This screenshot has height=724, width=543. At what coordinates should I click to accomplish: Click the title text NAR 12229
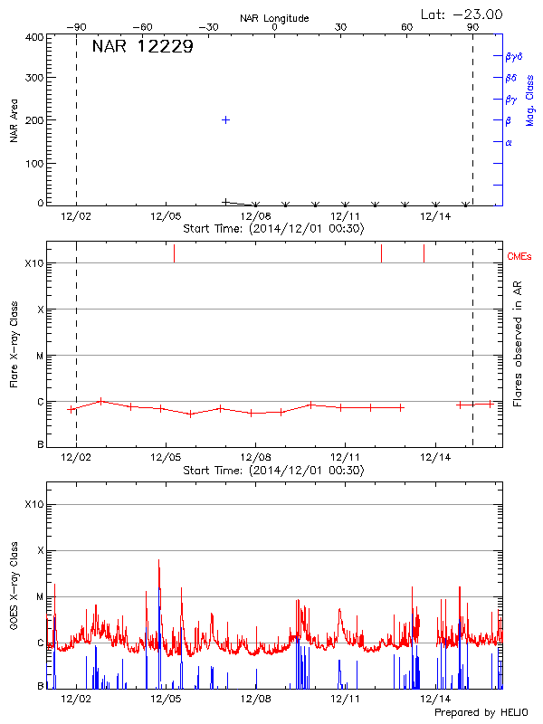(142, 47)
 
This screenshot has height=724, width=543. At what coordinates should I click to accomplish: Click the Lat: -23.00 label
(462, 14)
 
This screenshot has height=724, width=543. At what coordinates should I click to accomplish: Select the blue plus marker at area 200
(225, 119)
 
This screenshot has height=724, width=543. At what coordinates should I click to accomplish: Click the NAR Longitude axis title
(274, 17)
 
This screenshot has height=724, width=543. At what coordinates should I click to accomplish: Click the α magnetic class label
(509, 142)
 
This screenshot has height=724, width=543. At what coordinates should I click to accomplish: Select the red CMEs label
(521, 255)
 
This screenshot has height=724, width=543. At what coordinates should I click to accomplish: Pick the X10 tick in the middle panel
(34, 263)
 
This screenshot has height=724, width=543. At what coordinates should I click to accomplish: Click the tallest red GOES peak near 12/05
(158, 560)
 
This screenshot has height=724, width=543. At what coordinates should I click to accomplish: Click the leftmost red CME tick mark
(174, 253)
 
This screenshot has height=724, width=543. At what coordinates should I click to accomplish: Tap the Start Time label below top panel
(273, 229)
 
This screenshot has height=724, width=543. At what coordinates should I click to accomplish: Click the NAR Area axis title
(14, 121)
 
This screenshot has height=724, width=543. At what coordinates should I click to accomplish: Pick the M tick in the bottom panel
(39, 596)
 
